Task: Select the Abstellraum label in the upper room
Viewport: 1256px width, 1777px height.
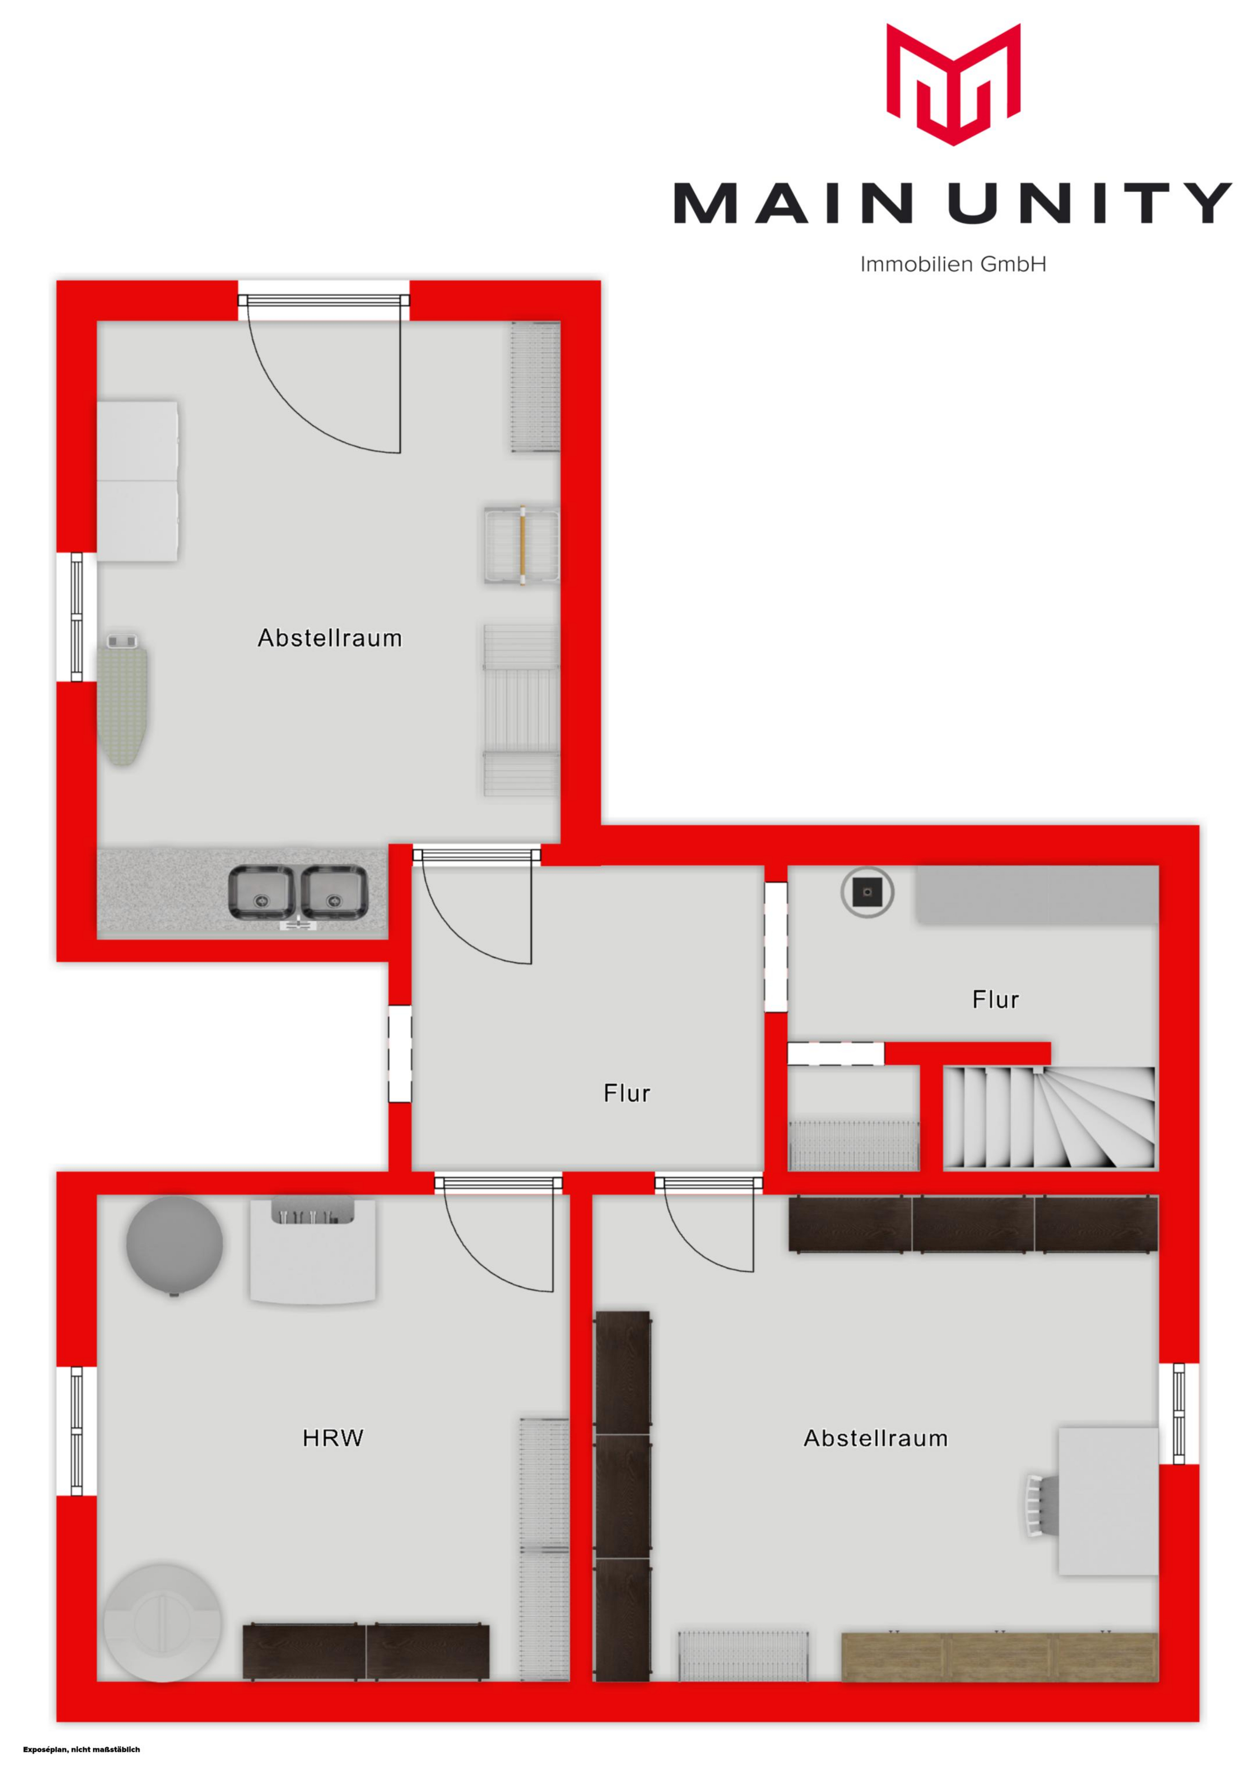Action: (x=330, y=639)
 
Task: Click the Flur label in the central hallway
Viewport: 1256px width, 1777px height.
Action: (x=627, y=1094)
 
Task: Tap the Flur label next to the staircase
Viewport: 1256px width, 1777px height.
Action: (x=995, y=1000)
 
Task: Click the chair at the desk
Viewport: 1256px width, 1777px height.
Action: (x=1038, y=1505)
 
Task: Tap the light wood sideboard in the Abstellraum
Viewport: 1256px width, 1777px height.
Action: (x=999, y=1657)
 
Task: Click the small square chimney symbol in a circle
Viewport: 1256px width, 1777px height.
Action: (x=867, y=892)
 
